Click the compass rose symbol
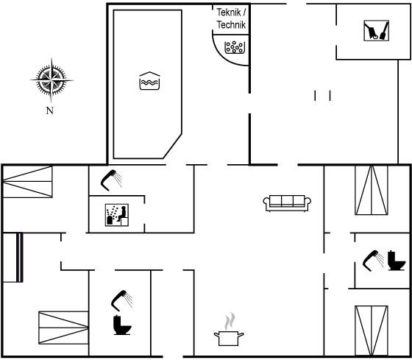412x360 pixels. [51, 80]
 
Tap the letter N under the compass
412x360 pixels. [50, 110]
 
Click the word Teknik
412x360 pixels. [229, 12]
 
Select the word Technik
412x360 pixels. [231, 25]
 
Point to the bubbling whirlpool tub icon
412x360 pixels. [235, 47]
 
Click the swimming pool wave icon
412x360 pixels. [149, 81]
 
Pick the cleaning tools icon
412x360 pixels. [376, 31]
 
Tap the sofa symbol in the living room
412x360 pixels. [287, 203]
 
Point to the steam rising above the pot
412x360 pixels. [230, 321]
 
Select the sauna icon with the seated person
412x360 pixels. [117, 215]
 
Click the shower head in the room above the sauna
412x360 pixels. [111, 180]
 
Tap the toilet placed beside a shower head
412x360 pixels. [397, 261]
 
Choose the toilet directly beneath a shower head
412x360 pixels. [122, 325]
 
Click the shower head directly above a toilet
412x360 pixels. [121, 300]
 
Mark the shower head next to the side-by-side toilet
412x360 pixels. [373, 261]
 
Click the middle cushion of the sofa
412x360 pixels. [287, 201]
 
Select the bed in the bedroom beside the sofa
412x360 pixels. [372, 190]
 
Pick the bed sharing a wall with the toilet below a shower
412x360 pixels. [63, 328]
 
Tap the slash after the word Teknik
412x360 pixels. [244, 12]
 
